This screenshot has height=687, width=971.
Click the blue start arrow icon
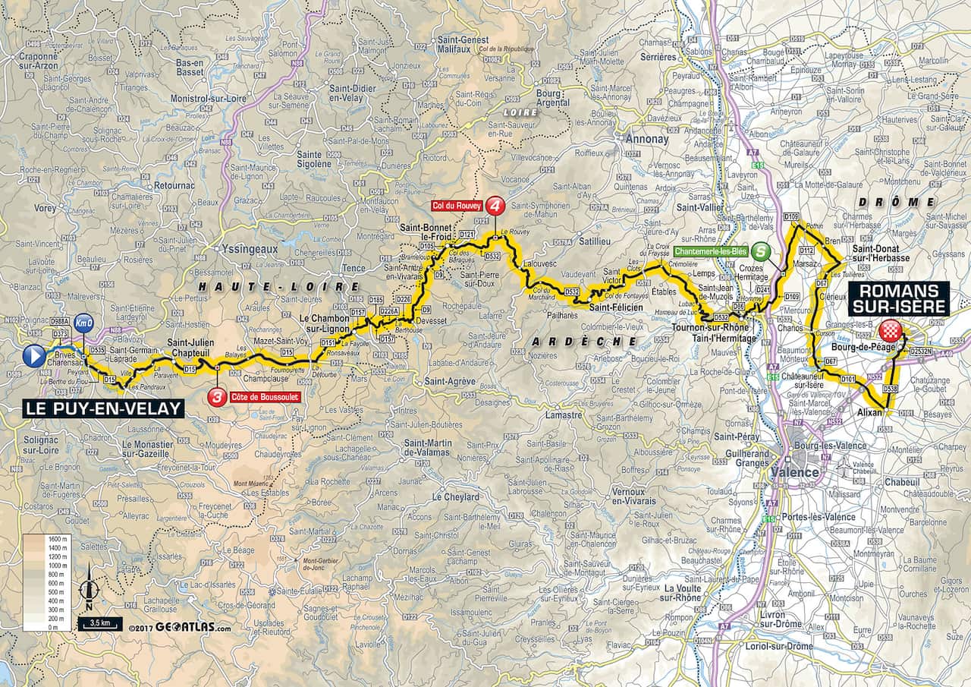[34, 356]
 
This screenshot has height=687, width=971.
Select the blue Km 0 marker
[83, 323]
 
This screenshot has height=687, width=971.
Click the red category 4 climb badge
[495, 206]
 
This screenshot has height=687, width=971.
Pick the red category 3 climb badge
[218, 396]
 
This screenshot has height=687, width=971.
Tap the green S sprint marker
[762, 251]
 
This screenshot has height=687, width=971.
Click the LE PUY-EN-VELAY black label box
[103, 408]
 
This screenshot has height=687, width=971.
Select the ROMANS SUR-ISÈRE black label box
[900, 298]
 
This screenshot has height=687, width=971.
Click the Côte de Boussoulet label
[256, 396]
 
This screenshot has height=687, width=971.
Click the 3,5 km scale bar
[98, 624]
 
